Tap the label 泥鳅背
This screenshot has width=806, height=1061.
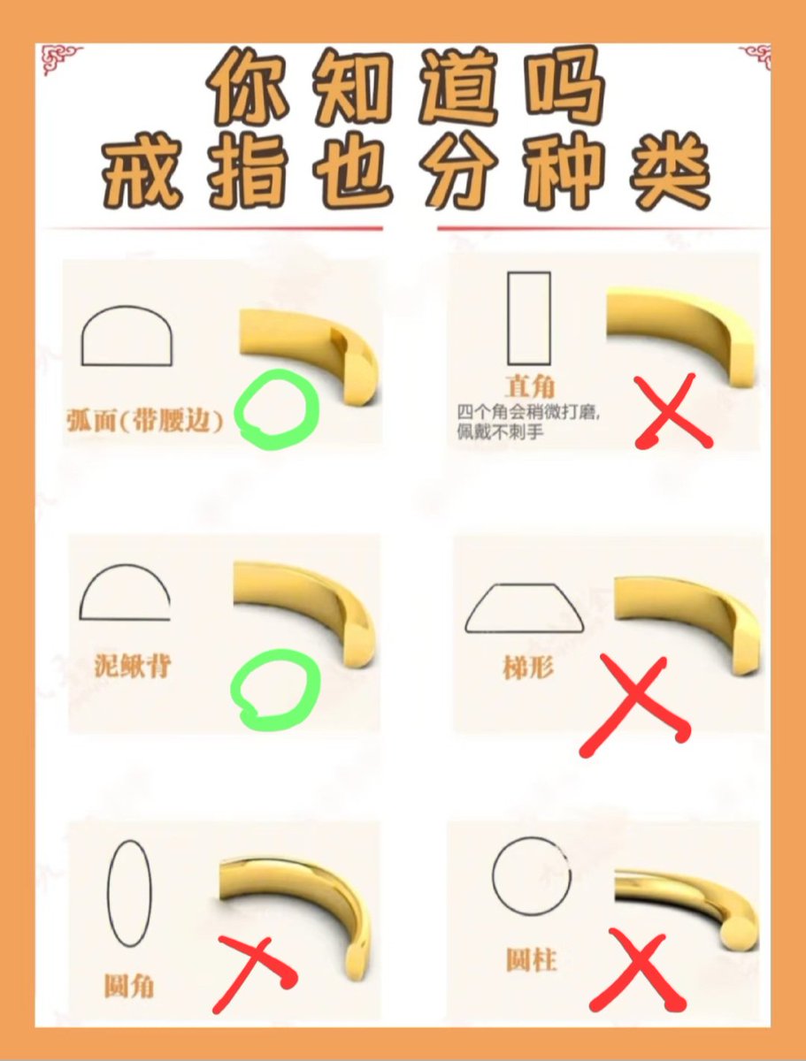[132, 665]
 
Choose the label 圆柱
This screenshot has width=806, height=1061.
[532, 958]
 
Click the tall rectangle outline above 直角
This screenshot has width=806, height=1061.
[529, 318]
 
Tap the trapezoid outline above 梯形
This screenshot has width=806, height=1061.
[525, 608]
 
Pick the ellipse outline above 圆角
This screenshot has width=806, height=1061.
[129, 894]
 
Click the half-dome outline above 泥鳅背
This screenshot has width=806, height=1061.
[125, 593]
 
